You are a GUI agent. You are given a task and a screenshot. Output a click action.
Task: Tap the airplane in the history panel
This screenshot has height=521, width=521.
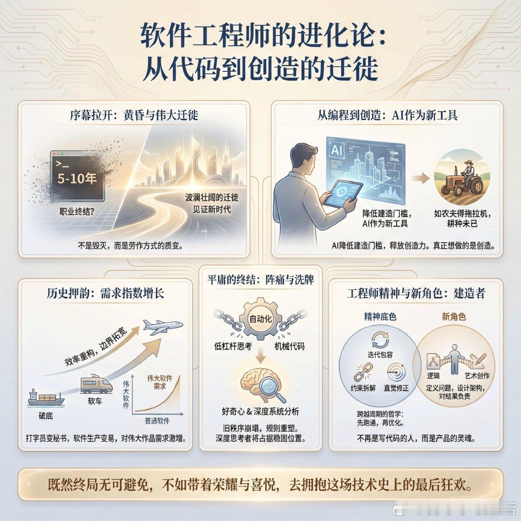164,328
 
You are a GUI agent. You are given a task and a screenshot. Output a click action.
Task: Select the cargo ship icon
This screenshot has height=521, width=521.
45,397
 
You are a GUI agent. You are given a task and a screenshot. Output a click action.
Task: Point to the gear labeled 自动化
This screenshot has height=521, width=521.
260,318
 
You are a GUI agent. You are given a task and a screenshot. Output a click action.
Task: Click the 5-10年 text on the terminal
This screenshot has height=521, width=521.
77,179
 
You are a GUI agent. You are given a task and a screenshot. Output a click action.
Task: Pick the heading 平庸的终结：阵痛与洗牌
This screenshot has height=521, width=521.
260,280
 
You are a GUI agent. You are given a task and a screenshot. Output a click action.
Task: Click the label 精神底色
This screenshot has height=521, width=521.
381,317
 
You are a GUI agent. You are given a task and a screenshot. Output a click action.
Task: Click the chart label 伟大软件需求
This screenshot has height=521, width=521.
159,383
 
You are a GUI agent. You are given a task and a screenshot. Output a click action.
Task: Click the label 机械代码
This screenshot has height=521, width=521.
289,346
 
